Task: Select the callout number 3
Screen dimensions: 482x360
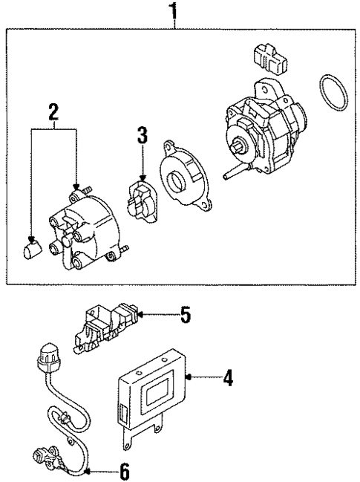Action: (x=142, y=137)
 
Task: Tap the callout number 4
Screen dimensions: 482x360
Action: (x=229, y=380)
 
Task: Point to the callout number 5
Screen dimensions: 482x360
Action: (x=185, y=316)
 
